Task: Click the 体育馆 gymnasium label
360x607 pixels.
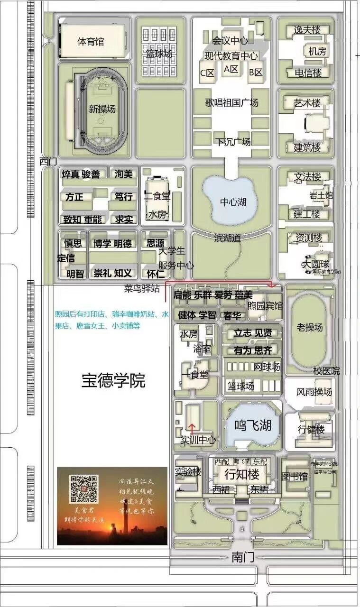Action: (91, 42)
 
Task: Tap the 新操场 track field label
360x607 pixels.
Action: (102, 109)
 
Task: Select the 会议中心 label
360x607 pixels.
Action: (231, 41)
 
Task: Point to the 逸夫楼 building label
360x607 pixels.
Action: (307, 30)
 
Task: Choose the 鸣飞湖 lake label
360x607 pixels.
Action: (253, 425)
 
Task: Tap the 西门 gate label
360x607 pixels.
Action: (48, 162)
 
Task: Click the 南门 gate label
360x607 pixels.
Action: (243, 558)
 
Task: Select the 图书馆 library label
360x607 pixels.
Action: (295, 476)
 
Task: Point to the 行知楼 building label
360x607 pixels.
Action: (242, 474)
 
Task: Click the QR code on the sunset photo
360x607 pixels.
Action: (84, 488)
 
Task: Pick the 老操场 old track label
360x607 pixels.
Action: (310, 327)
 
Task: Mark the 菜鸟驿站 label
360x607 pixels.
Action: (142, 288)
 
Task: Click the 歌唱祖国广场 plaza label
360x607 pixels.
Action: (231, 103)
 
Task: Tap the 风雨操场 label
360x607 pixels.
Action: (314, 392)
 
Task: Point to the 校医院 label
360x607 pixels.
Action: (326, 371)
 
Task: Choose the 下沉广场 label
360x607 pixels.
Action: (233, 142)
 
